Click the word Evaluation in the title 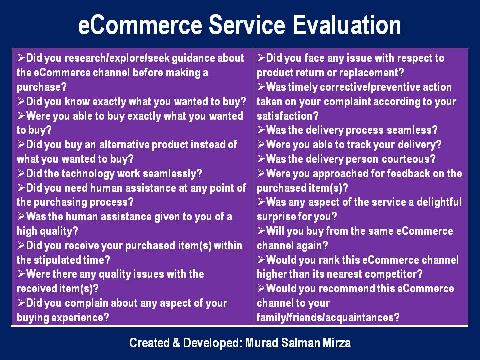tap(347, 25)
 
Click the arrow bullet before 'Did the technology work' tap(21, 173)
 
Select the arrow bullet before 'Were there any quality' tap(21, 274)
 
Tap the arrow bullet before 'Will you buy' tap(261, 231)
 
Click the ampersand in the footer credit tap(176, 343)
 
